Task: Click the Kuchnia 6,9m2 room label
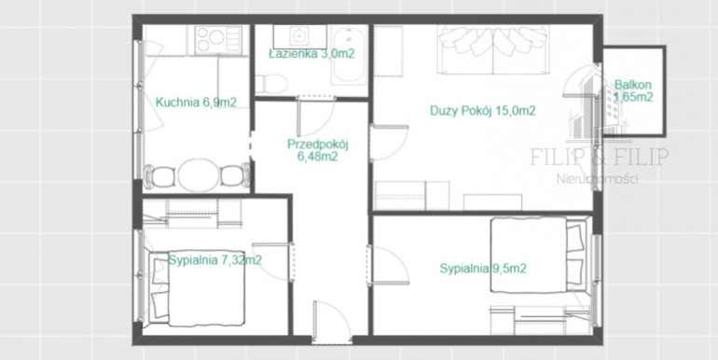(196, 103)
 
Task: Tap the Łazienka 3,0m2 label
(311, 53)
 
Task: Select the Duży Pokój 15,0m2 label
(483, 111)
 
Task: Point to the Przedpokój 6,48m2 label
(318, 151)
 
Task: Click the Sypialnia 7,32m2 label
(215, 260)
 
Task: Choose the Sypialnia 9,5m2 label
(483, 269)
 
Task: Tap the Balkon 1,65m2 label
(633, 91)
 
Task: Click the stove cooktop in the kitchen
(218, 39)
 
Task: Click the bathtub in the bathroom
(349, 54)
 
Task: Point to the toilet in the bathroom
(271, 84)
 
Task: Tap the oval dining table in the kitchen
(199, 175)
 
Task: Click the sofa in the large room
(492, 49)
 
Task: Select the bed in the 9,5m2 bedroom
(539, 256)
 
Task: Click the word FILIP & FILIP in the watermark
(599, 157)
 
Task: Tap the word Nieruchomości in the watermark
(598, 179)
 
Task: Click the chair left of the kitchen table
(159, 176)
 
